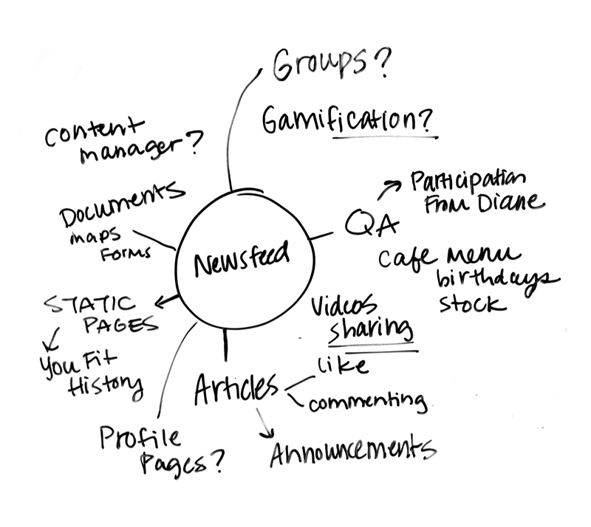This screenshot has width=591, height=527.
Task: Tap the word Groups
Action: (320, 68)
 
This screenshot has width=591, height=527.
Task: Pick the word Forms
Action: (129, 252)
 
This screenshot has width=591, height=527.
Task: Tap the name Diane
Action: (508, 203)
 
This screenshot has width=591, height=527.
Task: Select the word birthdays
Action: (496, 282)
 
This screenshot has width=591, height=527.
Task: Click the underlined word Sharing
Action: (370, 330)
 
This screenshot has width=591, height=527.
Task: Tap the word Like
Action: (342, 365)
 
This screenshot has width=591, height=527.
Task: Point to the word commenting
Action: (367, 402)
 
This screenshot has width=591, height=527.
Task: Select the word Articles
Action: (236, 388)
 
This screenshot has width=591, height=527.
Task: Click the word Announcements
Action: (351, 451)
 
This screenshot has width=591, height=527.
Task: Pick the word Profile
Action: (140, 438)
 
